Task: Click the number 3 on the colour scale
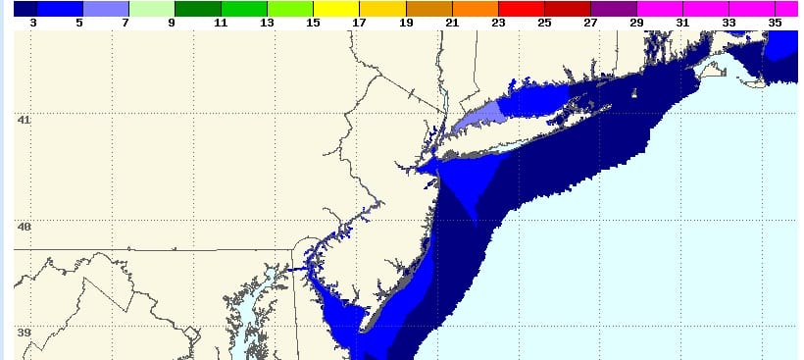32,21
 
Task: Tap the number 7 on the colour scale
126,21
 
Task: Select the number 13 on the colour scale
266,21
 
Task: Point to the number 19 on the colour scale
405,21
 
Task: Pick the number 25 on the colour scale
544,21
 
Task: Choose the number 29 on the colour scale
636,21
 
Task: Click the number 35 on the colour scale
776,21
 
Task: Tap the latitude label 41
25,121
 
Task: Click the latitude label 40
25,227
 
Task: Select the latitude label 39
25,333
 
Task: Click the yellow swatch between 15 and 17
336,8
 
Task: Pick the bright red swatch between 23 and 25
521,8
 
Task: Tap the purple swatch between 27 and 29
614,8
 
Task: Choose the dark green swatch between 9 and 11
197,8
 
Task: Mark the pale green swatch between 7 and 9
151,8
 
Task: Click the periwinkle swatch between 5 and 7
105,8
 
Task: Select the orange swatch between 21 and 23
475,8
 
